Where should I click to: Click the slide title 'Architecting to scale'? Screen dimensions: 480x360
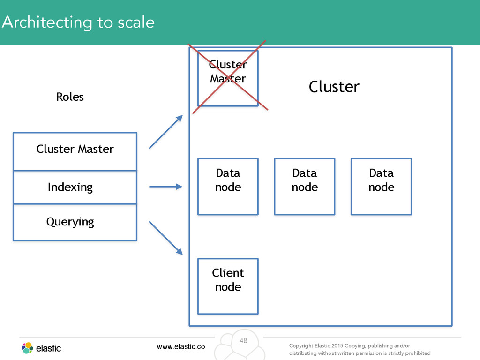point(78,22)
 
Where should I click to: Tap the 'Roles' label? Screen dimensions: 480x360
point(70,97)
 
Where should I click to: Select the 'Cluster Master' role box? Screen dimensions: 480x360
point(75,151)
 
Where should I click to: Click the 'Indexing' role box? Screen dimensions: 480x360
point(75,187)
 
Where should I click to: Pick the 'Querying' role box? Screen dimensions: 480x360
point(75,222)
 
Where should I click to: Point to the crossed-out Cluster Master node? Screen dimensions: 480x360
point(228,78)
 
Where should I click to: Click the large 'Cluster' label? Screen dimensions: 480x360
point(334,87)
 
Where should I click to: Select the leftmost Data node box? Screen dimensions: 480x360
point(228,187)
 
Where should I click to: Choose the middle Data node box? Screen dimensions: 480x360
point(305,187)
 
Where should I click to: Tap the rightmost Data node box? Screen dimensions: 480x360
point(381,187)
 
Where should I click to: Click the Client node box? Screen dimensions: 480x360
point(228,286)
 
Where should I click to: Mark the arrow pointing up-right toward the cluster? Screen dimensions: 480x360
point(166,132)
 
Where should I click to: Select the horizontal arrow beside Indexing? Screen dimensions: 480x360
point(165,187)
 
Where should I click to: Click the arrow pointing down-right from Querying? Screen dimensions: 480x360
point(166,238)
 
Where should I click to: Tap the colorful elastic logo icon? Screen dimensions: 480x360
point(27,348)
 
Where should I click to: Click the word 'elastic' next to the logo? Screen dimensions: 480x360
point(48,348)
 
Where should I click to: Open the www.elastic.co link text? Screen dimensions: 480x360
point(181,346)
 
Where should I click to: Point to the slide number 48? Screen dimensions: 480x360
point(243,340)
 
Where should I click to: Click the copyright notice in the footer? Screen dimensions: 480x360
point(360,349)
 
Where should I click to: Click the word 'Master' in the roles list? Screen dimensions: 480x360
point(96,149)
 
